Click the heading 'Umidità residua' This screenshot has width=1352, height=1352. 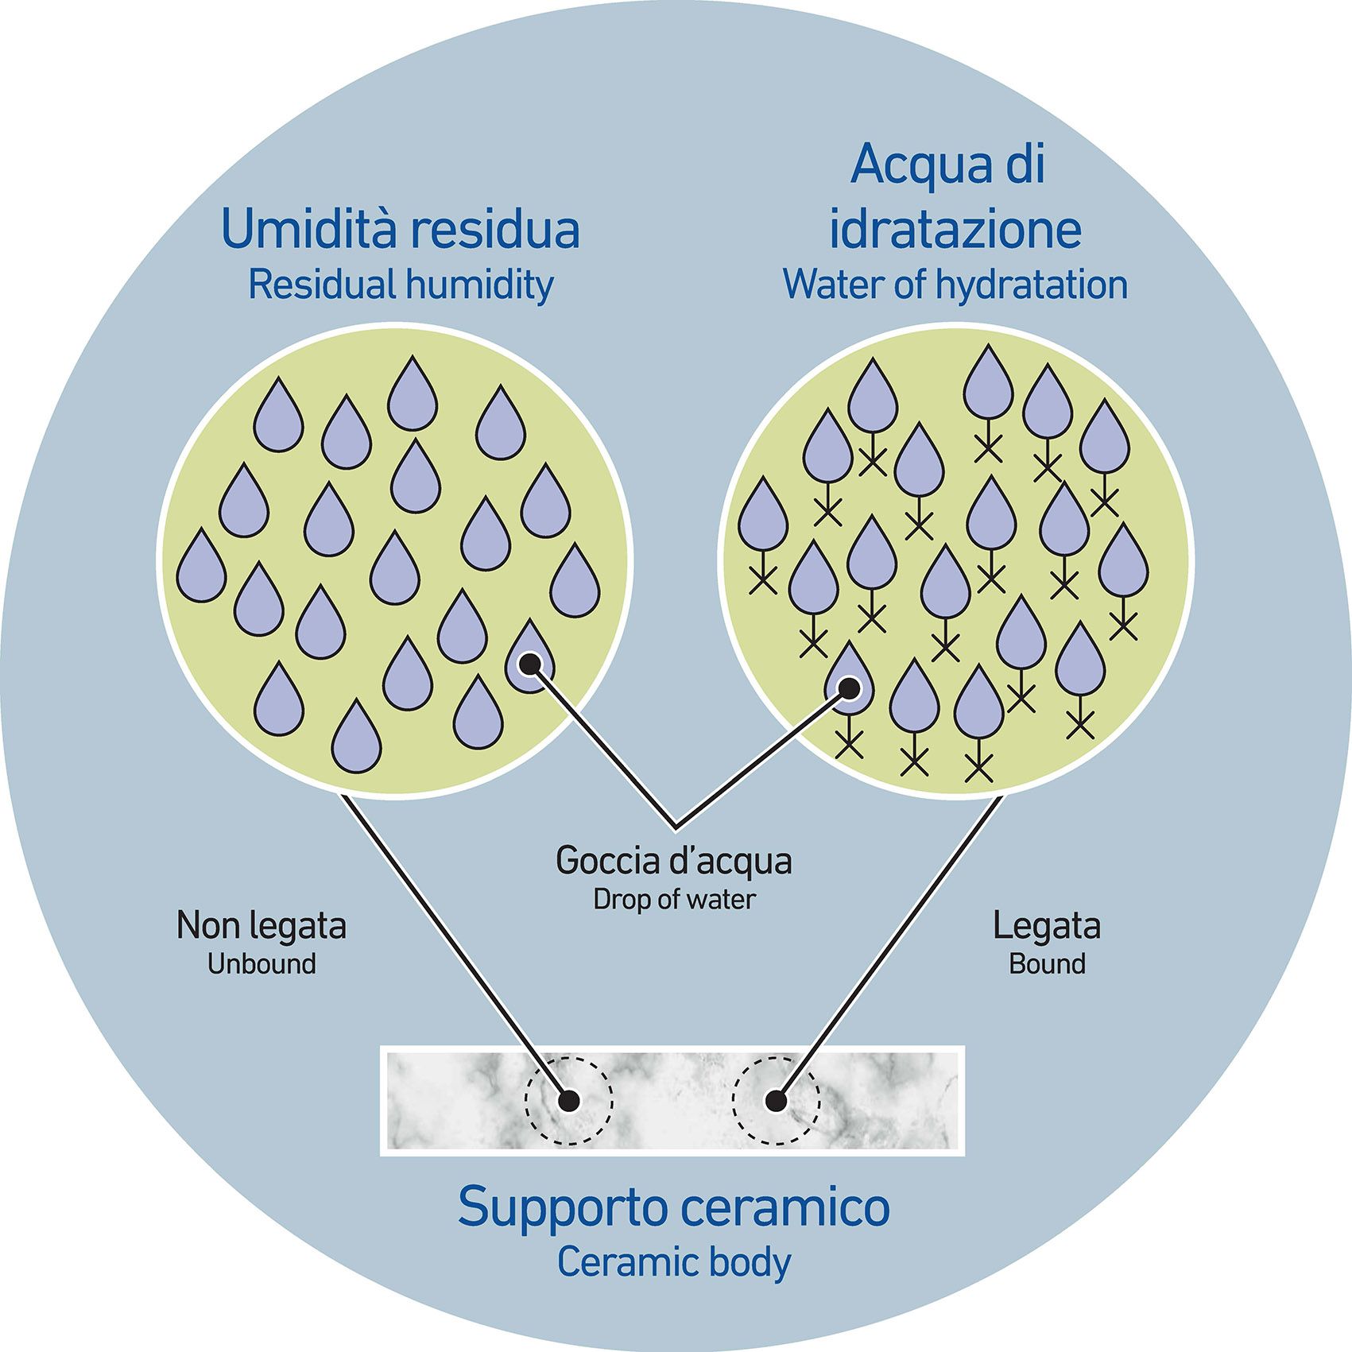pos(400,230)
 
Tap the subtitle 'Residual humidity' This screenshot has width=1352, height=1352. pos(400,285)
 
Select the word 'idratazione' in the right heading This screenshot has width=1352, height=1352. pos(955,230)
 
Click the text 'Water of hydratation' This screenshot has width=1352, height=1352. pos(955,285)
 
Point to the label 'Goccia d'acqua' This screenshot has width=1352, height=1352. pos(674,861)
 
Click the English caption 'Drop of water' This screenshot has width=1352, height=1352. pos(674,900)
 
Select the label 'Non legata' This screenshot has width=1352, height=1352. pos(261,926)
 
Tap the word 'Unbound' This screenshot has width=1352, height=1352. pos(261,964)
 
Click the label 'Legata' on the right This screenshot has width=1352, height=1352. pos(1047,926)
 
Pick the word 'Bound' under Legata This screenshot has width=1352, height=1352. pos(1047,964)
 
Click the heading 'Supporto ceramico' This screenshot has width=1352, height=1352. pos(674,1208)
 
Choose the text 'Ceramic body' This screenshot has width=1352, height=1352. pos(674,1262)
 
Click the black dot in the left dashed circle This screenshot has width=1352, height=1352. pos(569,1101)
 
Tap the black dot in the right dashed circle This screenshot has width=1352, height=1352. pos(776,1101)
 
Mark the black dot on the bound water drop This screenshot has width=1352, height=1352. pos(850,687)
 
